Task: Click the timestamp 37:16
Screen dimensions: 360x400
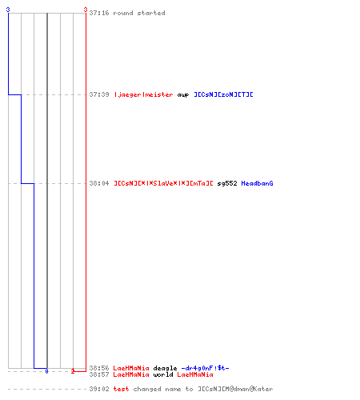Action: tap(99, 13)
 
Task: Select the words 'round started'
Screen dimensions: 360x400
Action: tap(139, 13)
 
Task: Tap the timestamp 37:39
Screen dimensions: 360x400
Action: tap(99, 94)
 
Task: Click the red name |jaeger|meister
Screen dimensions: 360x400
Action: tap(143, 94)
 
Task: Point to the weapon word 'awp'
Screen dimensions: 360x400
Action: tap(183, 95)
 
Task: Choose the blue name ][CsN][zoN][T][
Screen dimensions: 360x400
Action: tap(223, 94)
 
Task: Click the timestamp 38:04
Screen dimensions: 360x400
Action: tap(99, 183)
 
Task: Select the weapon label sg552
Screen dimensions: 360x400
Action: tap(227, 183)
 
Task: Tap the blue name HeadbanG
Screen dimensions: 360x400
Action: tap(257, 183)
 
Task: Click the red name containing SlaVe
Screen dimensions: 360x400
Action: tap(163, 183)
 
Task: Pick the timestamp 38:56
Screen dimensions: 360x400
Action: tap(99, 368)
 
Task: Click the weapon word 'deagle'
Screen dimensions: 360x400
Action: tap(165, 368)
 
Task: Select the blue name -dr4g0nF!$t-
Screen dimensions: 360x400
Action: tap(205, 368)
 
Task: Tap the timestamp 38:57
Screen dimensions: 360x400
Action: tap(99, 374)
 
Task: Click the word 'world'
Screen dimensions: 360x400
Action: tap(163, 374)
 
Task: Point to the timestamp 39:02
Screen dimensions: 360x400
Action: tap(99, 389)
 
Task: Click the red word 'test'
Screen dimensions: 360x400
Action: tap(121, 389)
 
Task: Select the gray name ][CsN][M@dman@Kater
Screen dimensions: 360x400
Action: tap(235, 389)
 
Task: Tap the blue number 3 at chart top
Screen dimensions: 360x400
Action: tap(8, 10)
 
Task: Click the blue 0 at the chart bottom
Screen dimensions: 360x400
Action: tap(46, 371)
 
